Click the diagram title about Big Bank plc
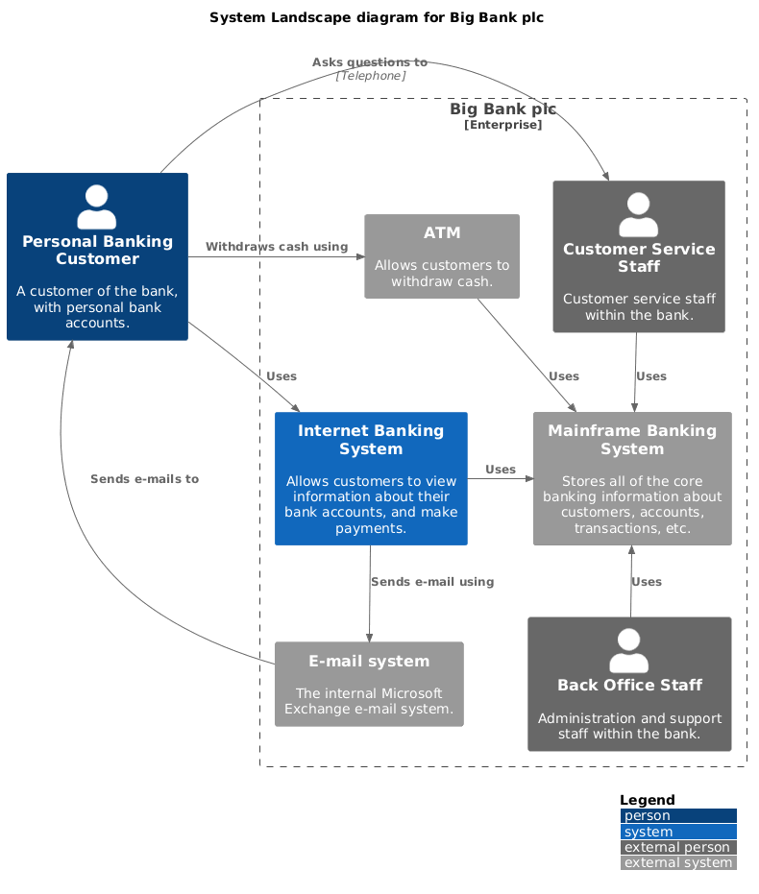point(377,17)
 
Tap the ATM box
point(442,255)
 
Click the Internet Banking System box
point(371,478)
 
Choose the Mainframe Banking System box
point(632,478)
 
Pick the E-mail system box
point(369,684)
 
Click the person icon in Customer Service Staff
point(638,215)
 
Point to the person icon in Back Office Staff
point(629,651)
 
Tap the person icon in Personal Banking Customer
point(96,207)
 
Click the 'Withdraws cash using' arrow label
point(277,247)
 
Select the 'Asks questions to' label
point(370,62)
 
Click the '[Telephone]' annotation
point(370,76)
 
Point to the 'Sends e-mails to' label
point(144,478)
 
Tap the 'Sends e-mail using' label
point(432,581)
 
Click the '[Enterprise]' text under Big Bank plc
point(502,125)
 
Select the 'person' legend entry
point(677,816)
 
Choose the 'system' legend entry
point(677,832)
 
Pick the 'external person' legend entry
point(677,847)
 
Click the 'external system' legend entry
point(677,862)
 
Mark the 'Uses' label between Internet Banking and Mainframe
point(501,470)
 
